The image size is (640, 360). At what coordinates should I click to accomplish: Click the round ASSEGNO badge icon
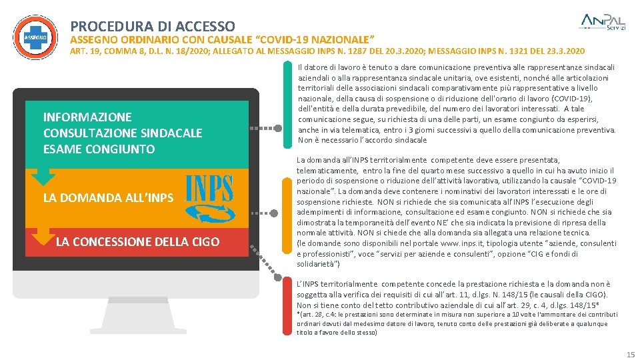click(x=35, y=37)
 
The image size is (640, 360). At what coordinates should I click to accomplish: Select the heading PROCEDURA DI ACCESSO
click(x=153, y=27)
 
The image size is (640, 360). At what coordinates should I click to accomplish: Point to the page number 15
click(x=630, y=354)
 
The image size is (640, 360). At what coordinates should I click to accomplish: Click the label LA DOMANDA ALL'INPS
click(x=108, y=198)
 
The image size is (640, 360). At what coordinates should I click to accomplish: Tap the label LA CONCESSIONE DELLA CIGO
click(x=137, y=241)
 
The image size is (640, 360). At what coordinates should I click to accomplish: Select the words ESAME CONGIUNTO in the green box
click(x=99, y=149)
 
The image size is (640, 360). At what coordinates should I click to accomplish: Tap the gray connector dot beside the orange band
click(x=274, y=214)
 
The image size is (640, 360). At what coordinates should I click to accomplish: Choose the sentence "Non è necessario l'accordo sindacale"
click(x=362, y=141)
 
